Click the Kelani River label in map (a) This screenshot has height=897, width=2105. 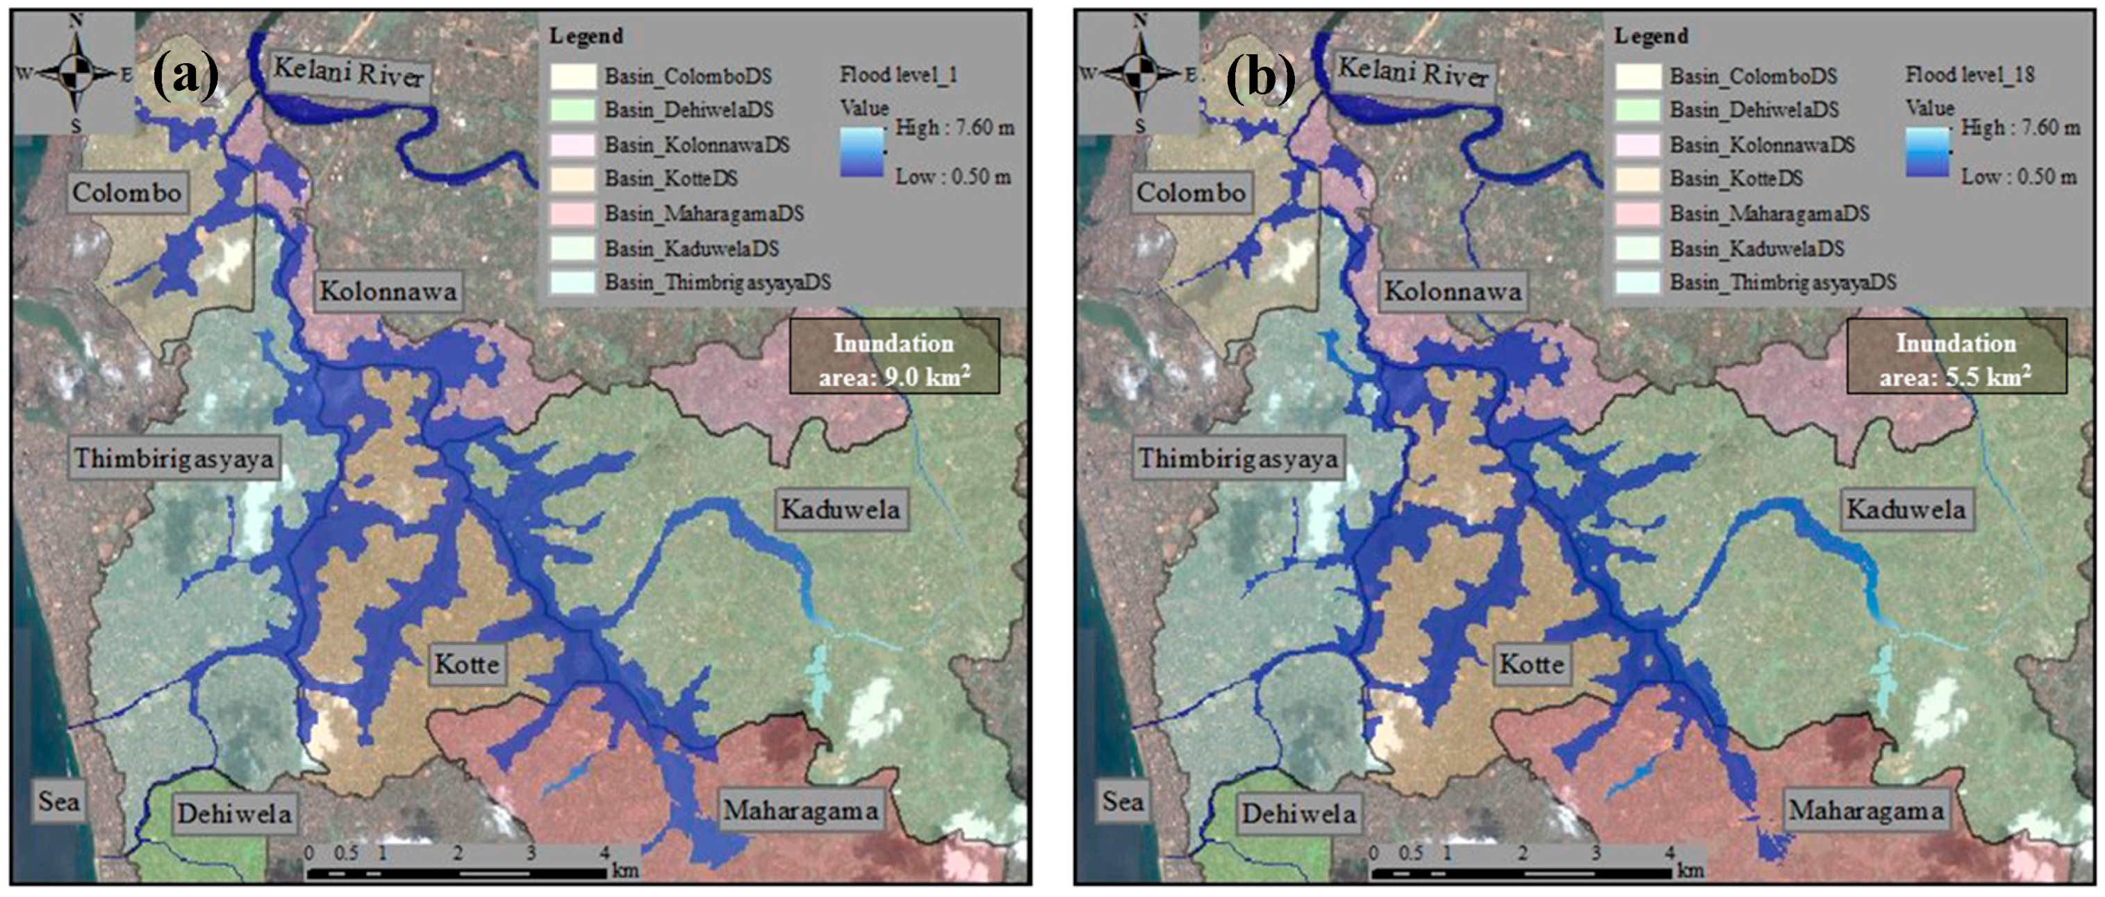coord(349,73)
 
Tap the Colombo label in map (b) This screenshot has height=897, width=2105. coord(1191,193)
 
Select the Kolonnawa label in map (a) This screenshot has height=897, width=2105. coord(388,291)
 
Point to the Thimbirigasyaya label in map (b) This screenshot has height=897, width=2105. coord(1239,458)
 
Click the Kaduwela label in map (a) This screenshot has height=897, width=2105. coord(840,510)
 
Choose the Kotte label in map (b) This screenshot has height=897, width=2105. coord(1531,663)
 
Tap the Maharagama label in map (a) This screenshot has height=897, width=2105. coord(801,810)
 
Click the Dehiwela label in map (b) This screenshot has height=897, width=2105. coord(1298,814)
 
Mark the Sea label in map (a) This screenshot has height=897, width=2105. coord(59,800)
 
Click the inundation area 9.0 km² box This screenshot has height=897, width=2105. coord(894,357)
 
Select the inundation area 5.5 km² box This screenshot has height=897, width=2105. coord(1956,357)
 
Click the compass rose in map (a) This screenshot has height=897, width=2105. coord(76,73)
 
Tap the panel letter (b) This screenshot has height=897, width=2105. coord(1260,78)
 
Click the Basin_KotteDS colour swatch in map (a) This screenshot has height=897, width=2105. coord(573,178)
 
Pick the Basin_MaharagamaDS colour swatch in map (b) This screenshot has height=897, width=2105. coord(1637,213)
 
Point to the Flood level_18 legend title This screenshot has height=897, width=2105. coord(1970,75)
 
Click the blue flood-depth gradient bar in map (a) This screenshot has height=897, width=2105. coord(861,152)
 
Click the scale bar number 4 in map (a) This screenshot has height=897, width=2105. coord(604,853)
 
